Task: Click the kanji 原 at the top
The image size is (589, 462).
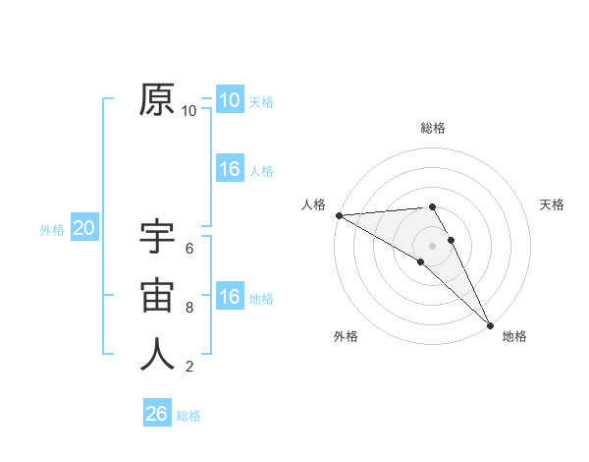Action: [x=157, y=99]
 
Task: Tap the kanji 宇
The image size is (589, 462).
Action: [x=157, y=237]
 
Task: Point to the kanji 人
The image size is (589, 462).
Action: [x=157, y=355]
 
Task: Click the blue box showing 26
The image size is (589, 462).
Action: [x=157, y=414]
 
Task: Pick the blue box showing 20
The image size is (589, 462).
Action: [x=84, y=229]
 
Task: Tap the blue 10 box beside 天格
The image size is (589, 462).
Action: [x=229, y=100]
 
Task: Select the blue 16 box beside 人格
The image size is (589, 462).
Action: [x=229, y=169]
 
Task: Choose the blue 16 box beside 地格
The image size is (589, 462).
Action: [x=229, y=298]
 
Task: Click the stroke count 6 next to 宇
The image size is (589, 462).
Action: [x=189, y=249]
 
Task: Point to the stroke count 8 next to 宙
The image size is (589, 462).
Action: [x=189, y=308]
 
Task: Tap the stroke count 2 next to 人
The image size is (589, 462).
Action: [x=189, y=367]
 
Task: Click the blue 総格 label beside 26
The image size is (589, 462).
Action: [x=188, y=416]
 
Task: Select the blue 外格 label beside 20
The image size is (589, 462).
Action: [x=52, y=230]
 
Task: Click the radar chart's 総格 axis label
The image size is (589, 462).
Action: [x=433, y=128]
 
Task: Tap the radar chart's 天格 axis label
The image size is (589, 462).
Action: [x=552, y=204]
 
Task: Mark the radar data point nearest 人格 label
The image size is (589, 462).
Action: [x=339, y=215]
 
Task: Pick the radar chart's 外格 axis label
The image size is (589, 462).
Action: [x=346, y=336]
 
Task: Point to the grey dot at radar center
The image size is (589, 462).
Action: [x=432, y=246]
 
